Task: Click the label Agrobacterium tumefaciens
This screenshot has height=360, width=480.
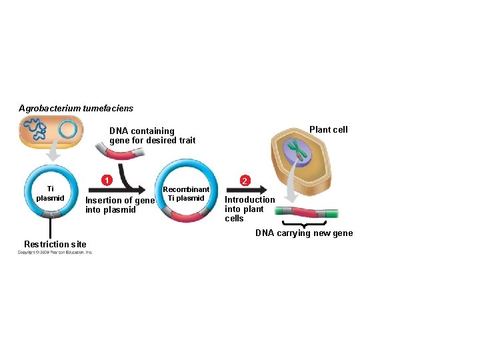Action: tap(76, 108)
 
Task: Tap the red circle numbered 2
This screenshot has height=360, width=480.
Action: tap(245, 181)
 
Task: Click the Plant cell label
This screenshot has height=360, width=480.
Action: tap(328, 130)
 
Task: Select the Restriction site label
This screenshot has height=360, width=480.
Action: tap(55, 243)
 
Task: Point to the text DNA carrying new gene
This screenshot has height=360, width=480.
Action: tap(304, 233)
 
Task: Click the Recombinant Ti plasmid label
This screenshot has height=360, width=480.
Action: tap(187, 193)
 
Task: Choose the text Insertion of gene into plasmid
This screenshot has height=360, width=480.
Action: tap(120, 205)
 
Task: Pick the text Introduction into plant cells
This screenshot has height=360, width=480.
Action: tap(249, 209)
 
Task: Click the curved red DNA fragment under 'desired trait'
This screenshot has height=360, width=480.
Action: tap(121, 155)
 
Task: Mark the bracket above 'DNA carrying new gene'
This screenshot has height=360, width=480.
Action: tap(304, 223)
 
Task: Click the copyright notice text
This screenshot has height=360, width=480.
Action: tap(55, 252)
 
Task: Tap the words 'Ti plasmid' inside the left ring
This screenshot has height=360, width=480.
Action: tap(50, 193)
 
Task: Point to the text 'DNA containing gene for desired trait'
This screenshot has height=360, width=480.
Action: tap(152, 135)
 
